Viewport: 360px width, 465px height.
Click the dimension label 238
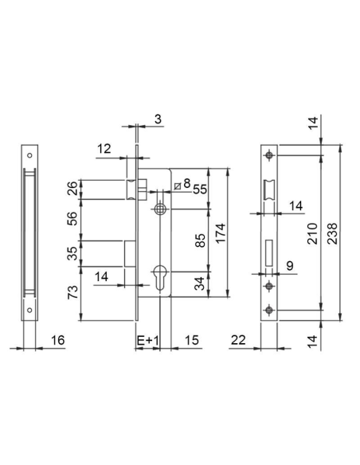[333, 233]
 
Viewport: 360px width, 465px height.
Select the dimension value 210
[312, 233]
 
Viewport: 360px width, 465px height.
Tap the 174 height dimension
[221, 233]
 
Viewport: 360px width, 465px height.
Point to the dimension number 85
[200, 240]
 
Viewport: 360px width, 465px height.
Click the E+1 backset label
[148, 340]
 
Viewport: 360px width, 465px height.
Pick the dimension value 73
[72, 291]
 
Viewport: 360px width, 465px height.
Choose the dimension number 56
[72, 218]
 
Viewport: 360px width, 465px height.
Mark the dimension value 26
[72, 188]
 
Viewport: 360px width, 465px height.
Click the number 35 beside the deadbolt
[72, 253]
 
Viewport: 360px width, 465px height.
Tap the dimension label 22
[238, 340]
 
